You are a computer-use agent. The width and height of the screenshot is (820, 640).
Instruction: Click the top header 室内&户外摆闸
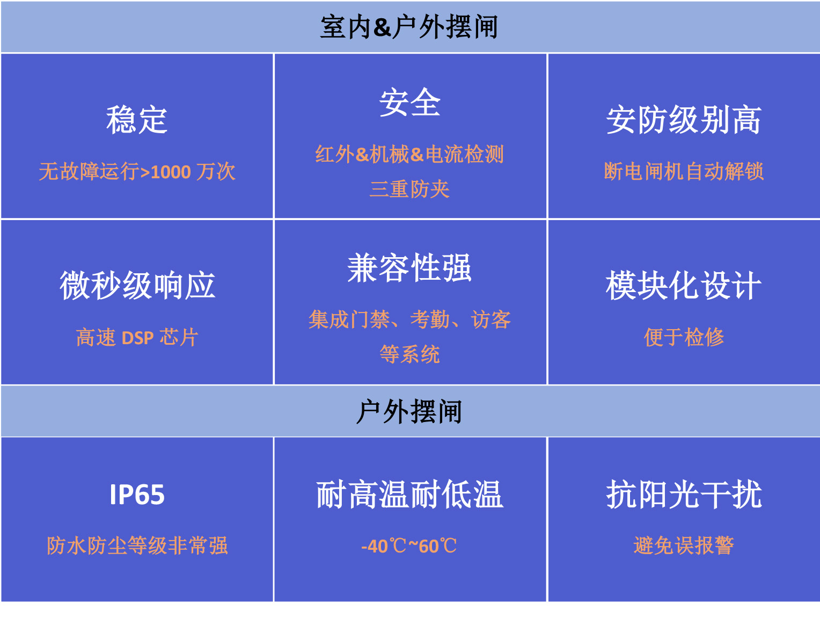click(x=409, y=27)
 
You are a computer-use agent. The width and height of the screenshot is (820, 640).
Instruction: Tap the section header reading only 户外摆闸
click(x=409, y=411)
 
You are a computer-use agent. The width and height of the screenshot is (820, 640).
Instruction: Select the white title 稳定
click(x=137, y=120)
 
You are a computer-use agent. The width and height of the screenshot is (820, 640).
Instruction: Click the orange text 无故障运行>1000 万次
click(x=137, y=172)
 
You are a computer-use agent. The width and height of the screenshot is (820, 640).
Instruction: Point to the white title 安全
click(x=410, y=102)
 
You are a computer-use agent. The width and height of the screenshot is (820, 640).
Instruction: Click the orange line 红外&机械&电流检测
click(x=409, y=154)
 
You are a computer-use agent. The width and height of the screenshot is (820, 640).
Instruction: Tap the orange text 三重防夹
click(x=409, y=189)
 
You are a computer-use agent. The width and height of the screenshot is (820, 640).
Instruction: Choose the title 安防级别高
click(x=683, y=120)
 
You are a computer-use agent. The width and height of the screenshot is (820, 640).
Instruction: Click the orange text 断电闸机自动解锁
click(x=684, y=172)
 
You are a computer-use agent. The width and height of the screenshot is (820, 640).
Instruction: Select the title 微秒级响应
click(x=137, y=286)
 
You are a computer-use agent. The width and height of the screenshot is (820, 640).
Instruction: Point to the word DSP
click(x=138, y=338)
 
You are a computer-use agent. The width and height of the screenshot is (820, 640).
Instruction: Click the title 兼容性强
click(x=409, y=268)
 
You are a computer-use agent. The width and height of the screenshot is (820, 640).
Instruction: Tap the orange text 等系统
click(x=409, y=354)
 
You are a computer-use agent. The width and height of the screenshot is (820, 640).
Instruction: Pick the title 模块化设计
click(x=683, y=286)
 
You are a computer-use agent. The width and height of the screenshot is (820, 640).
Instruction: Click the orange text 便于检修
click(x=684, y=337)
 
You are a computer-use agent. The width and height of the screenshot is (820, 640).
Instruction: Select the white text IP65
click(x=137, y=494)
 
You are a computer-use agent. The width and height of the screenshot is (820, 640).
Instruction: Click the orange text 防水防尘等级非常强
click(x=137, y=546)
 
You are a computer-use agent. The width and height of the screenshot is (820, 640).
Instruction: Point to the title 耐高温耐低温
click(x=409, y=494)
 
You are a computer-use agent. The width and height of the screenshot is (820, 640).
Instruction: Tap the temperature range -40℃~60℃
click(x=409, y=546)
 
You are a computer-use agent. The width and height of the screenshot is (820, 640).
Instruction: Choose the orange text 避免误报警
click(x=684, y=546)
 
